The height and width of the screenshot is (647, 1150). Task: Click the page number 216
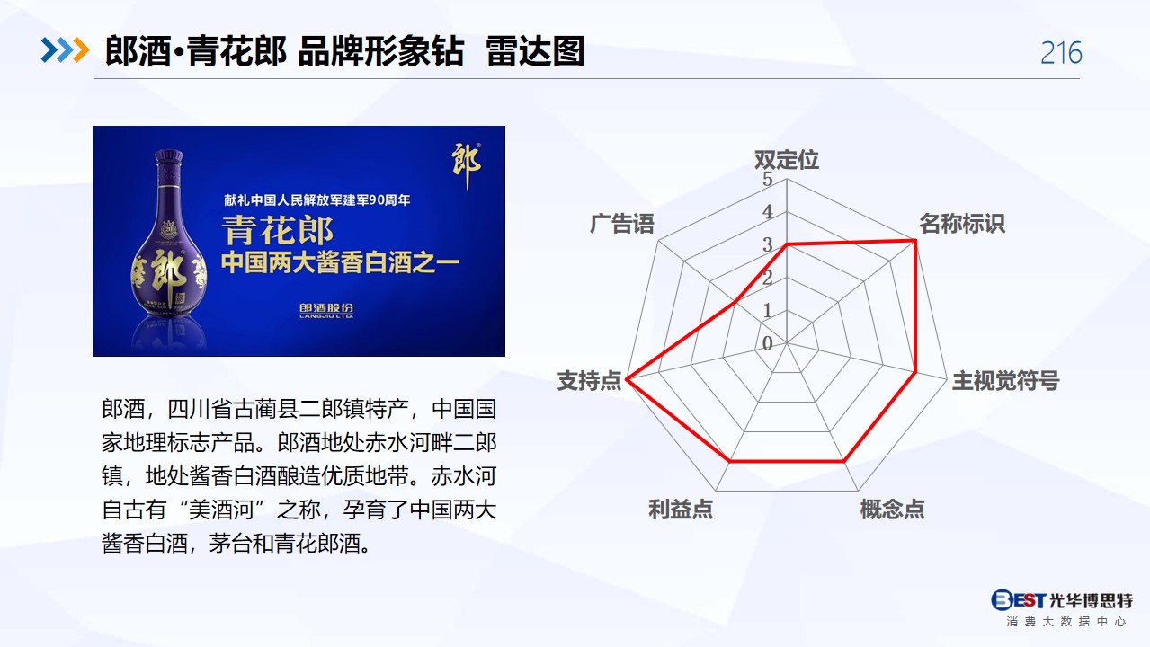(x=1061, y=52)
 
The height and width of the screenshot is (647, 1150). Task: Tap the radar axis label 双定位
(x=787, y=160)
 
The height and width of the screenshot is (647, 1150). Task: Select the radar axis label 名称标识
(x=962, y=224)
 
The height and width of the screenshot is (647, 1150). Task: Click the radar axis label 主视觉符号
(x=1006, y=381)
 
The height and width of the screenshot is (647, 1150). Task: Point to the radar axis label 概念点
(x=892, y=510)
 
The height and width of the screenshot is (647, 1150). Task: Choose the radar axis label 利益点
(x=681, y=510)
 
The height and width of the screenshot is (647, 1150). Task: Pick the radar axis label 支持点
(x=589, y=381)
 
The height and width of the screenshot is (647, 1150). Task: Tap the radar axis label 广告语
(x=622, y=224)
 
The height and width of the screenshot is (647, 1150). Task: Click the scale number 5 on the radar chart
(x=768, y=179)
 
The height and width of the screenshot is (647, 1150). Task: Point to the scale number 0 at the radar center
(x=768, y=343)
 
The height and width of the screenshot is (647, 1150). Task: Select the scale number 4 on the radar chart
(x=768, y=212)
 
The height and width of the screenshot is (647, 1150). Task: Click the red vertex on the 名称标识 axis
(x=914, y=240)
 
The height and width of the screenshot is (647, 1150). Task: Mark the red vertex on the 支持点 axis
(x=627, y=380)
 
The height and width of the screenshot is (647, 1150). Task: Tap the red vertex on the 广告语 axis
(x=735, y=302)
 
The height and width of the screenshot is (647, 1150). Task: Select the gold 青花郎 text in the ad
(x=278, y=230)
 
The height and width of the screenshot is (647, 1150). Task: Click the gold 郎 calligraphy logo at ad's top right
(x=466, y=165)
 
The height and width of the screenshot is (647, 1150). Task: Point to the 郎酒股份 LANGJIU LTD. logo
(x=326, y=310)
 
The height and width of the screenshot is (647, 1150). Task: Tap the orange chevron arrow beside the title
(x=81, y=50)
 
